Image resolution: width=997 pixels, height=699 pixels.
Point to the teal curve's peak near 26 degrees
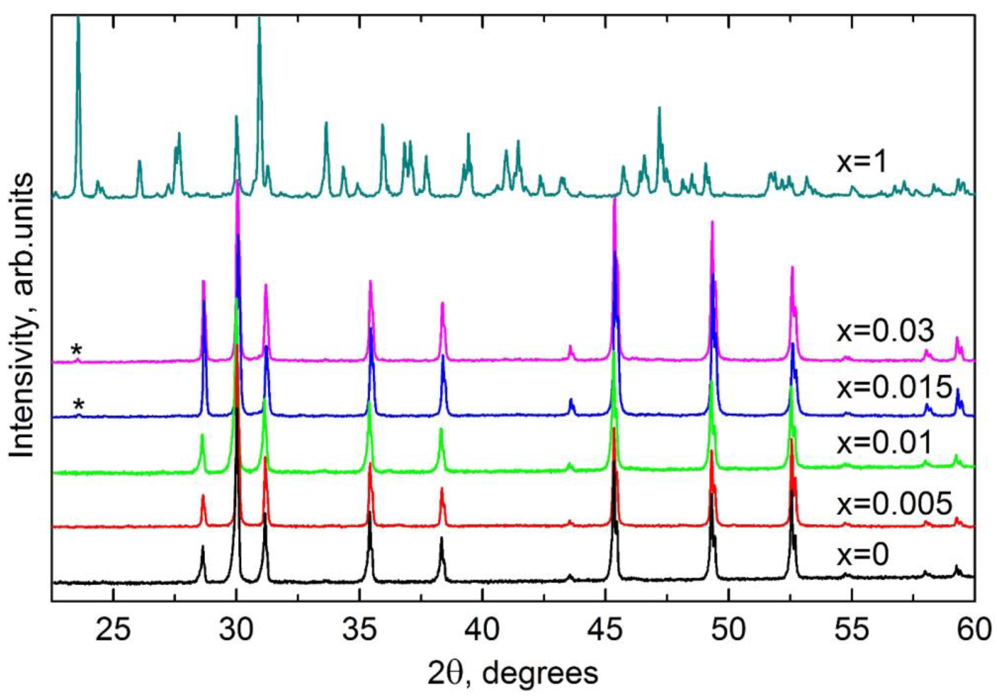tap(139, 161)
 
